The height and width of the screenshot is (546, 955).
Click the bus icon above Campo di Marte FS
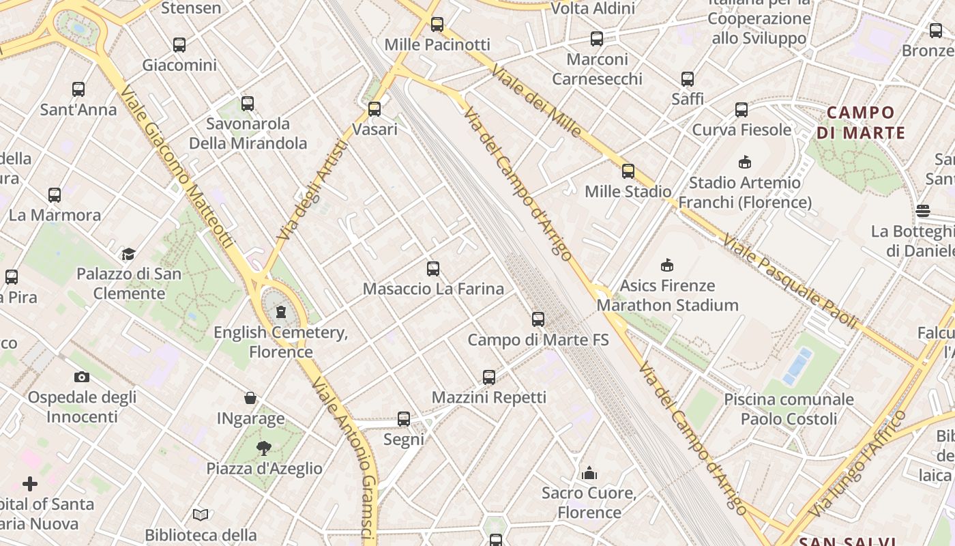pos(538,319)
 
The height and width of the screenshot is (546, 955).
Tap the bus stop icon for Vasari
pos(374,109)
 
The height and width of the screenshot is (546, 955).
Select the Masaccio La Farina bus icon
pos(432,268)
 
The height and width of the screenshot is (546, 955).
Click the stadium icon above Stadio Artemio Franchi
pos(744,162)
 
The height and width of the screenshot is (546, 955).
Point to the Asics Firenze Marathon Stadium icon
pos(667,265)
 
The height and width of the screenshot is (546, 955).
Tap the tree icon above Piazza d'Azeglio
pos(263,448)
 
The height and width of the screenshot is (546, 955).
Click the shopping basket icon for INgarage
pos(250,398)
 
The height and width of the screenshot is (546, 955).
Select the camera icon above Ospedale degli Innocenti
pos(81,377)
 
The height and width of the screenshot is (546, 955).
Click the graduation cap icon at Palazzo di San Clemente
pos(128,254)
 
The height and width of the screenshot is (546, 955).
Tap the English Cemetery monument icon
pos(280,312)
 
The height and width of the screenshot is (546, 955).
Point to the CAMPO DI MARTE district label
pos(860,122)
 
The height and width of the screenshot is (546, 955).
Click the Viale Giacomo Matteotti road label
pos(177,167)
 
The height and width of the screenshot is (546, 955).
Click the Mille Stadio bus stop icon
pos(628,171)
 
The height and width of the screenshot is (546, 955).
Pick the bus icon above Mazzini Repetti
pos(488,377)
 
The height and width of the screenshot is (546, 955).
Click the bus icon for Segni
pos(403,418)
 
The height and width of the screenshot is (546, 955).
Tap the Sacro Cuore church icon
pos(589,472)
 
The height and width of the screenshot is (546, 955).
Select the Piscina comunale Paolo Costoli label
pos(789,408)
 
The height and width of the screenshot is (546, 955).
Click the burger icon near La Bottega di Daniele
pos(923,211)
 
